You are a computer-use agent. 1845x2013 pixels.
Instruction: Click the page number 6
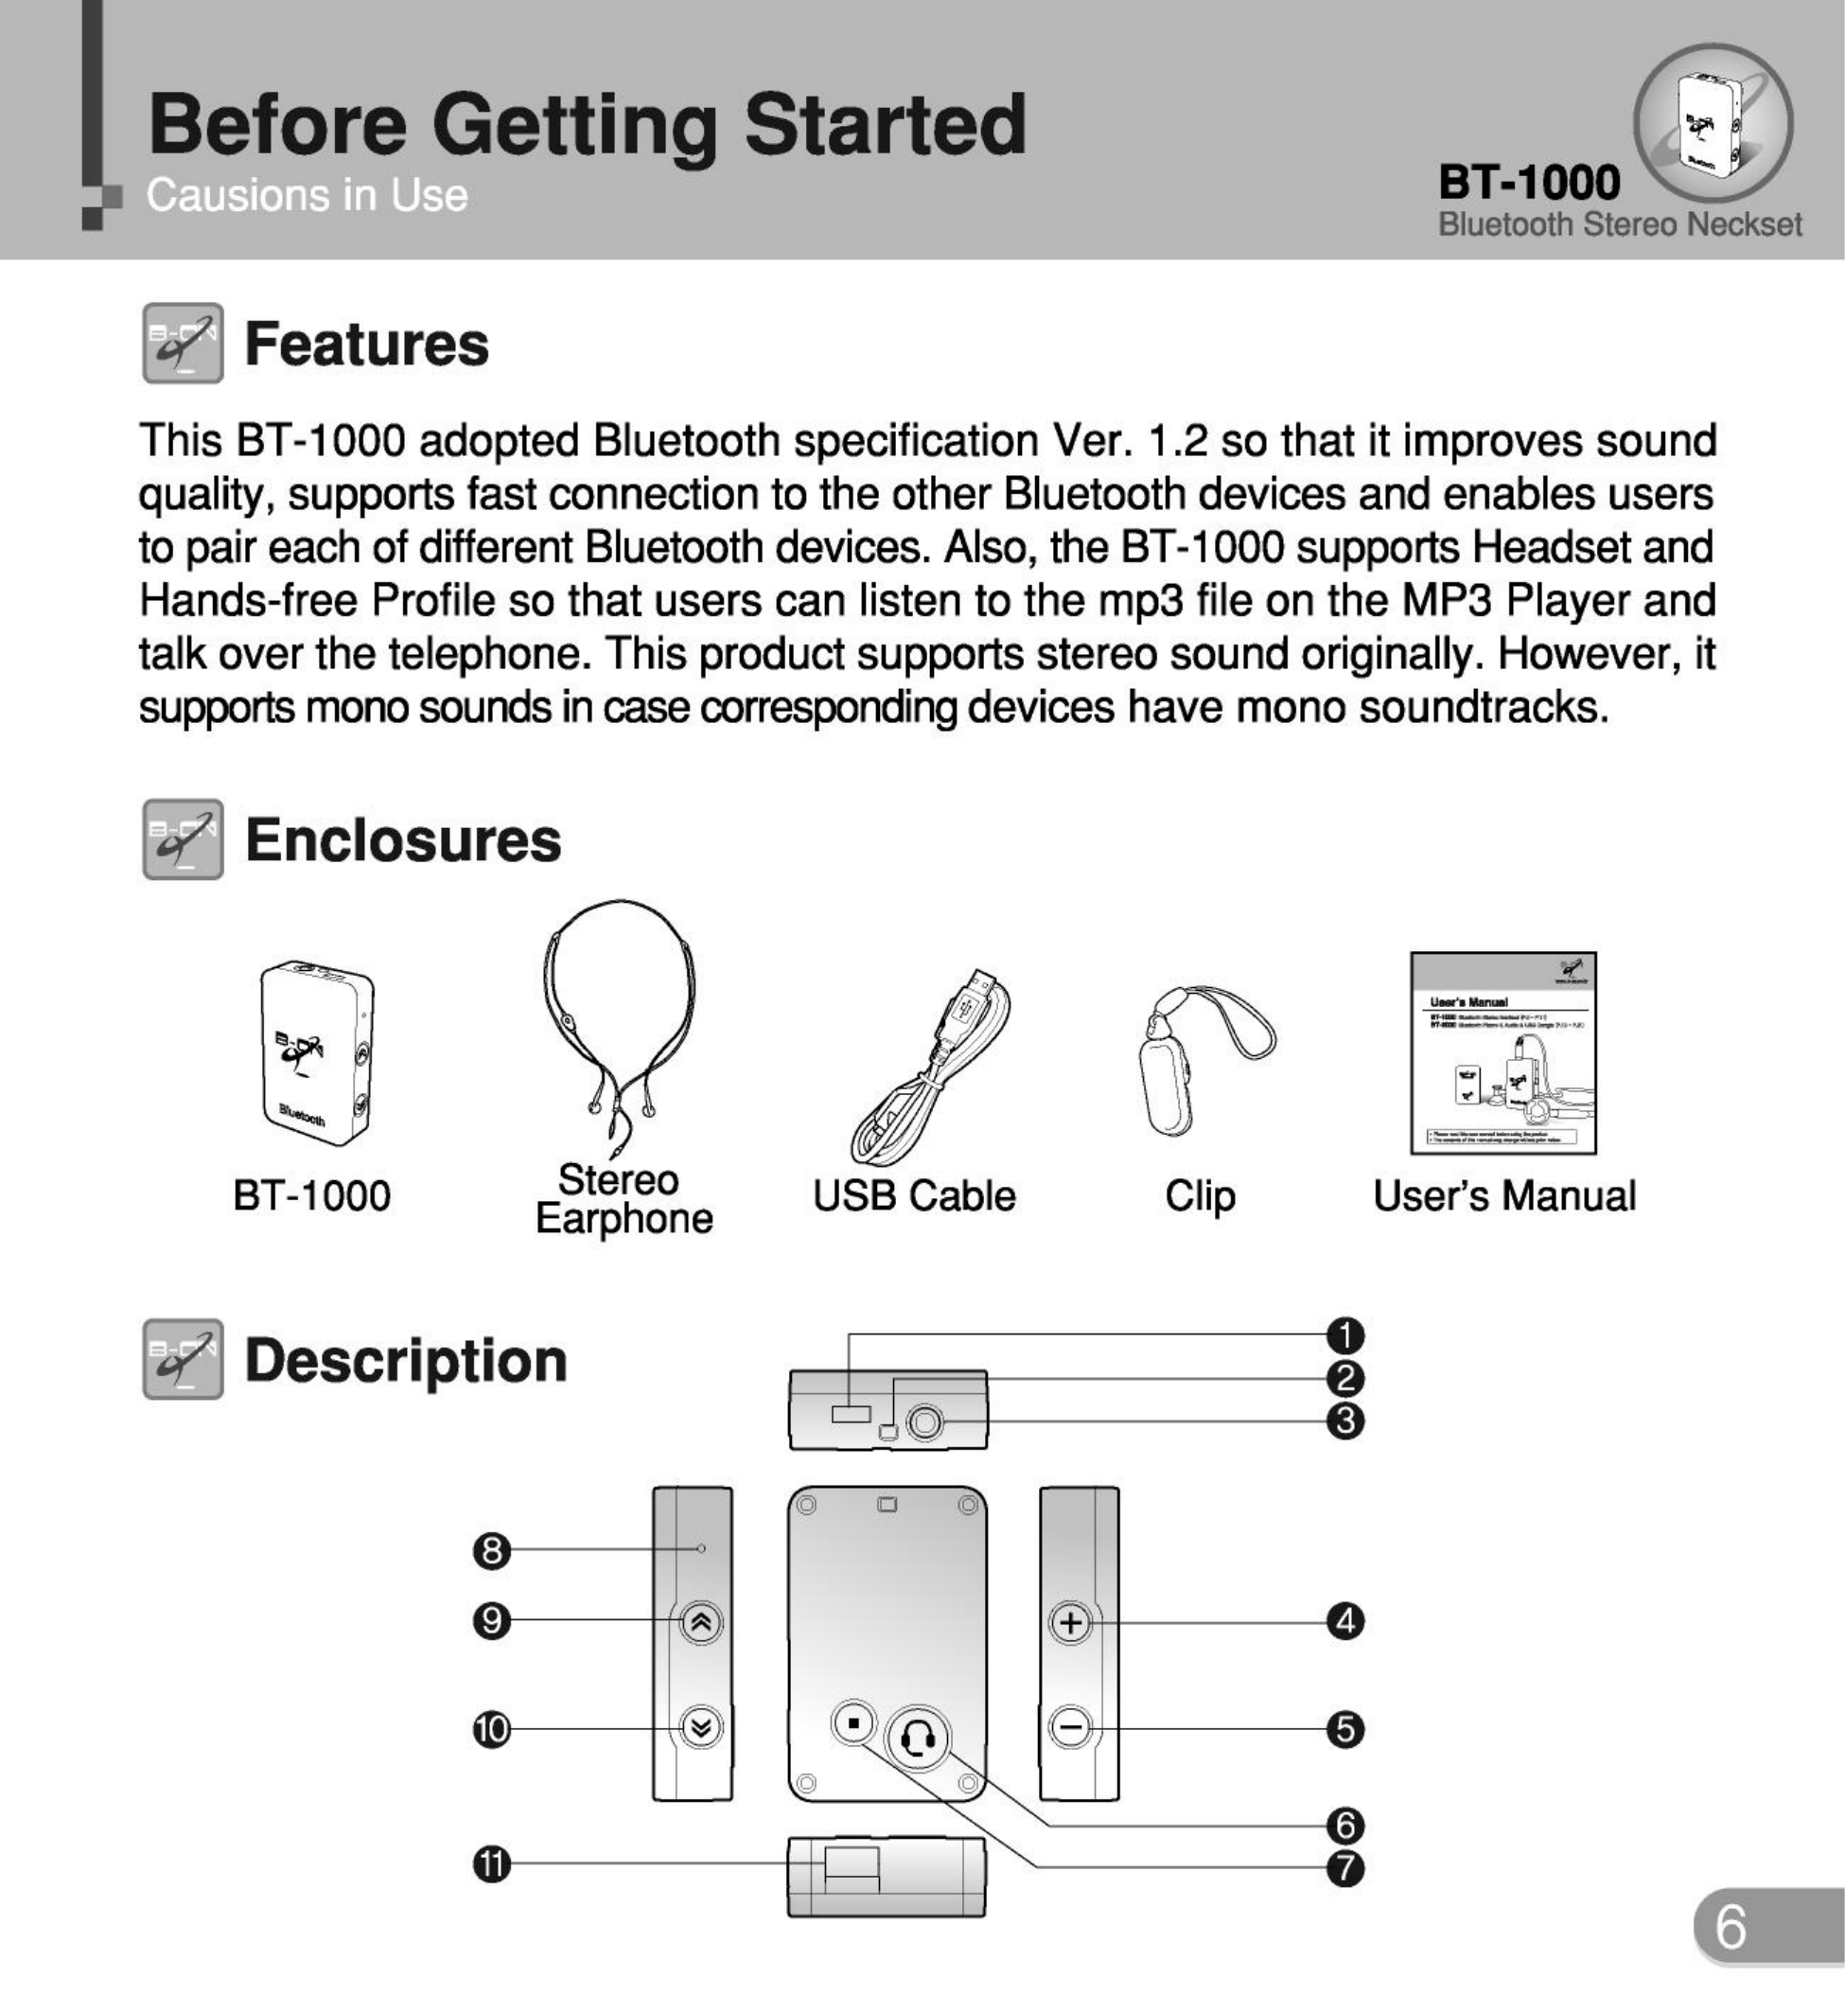pos(1731,1926)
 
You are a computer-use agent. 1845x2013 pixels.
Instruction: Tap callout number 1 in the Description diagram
pos(1344,1335)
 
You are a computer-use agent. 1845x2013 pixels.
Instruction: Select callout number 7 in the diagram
pos(1344,1868)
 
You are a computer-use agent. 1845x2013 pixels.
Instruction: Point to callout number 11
pos(491,1863)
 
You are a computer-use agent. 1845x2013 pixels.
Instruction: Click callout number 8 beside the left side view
pos(491,1551)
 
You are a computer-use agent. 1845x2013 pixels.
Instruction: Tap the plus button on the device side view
pos(1071,1622)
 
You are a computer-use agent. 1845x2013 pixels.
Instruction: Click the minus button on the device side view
pos(1071,1727)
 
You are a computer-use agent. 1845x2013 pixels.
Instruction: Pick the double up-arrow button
pos(701,1622)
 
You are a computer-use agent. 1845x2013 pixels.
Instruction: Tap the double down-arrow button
pos(701,1727)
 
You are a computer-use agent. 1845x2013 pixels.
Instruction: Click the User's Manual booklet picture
pos(1502,1053)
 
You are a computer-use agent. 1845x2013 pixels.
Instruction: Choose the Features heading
pos(366,344)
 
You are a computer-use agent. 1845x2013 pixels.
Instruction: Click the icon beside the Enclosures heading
pos(183,839)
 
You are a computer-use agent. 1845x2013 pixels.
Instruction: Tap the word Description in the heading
pos(405,1361)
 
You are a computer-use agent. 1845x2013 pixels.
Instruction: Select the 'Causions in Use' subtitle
pos(307,196)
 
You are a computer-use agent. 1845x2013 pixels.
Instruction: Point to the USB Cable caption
pos(914,1196)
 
